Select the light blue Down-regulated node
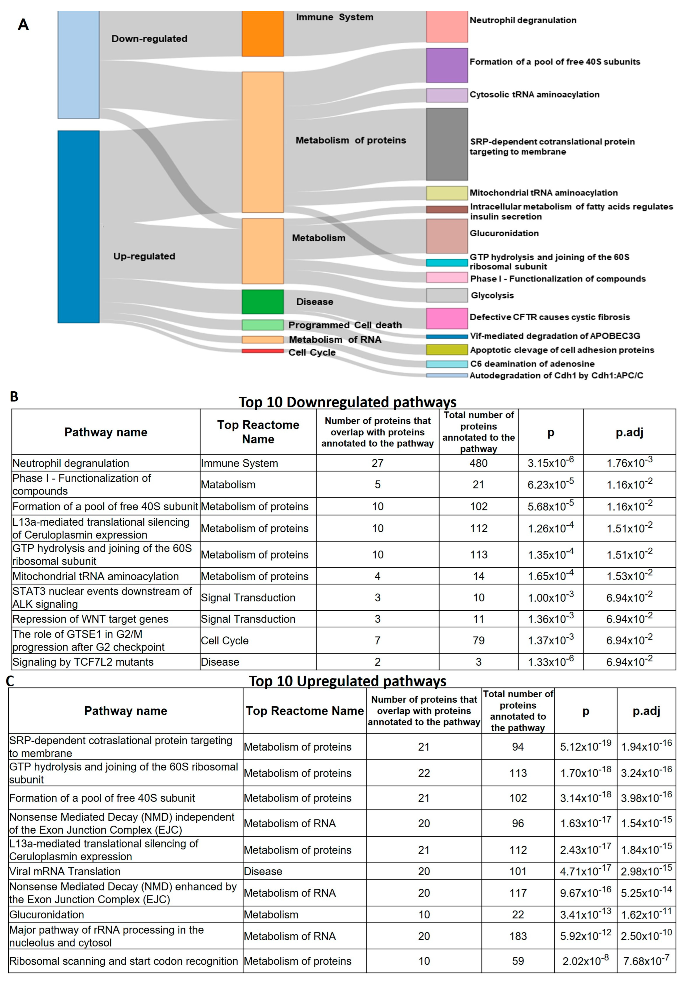tap(78, 64)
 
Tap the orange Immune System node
tap(262, 33)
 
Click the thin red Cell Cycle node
tap(262, 351)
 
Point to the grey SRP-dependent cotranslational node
tap(447, 144)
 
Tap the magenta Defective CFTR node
tap(447, 318)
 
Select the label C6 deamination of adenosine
tap(532, 364)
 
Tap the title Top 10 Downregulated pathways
tap(347, 402)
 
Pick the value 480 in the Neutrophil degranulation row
tap(478, 463)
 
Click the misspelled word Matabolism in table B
tap(228, 485)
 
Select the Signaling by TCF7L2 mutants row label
tap(83, 662)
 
